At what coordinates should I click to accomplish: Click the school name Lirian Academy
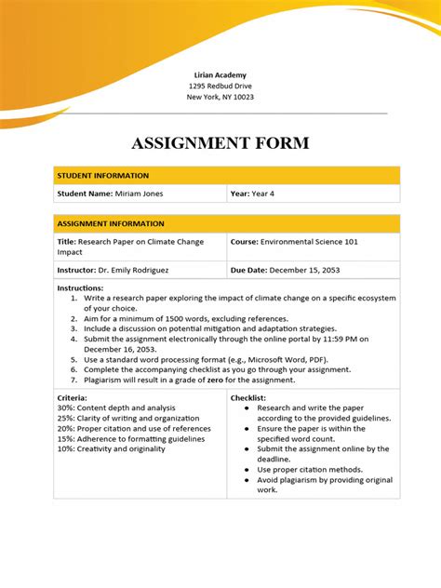(220, 74)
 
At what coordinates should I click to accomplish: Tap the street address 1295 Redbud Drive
(220, 86)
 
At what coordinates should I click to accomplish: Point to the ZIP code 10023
(242, 97)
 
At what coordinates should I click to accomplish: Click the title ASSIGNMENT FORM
(220, 143)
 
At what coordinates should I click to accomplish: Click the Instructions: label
(80, 288)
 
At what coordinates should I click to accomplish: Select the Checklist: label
(249, 398)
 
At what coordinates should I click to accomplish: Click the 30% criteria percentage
(65, 408)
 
